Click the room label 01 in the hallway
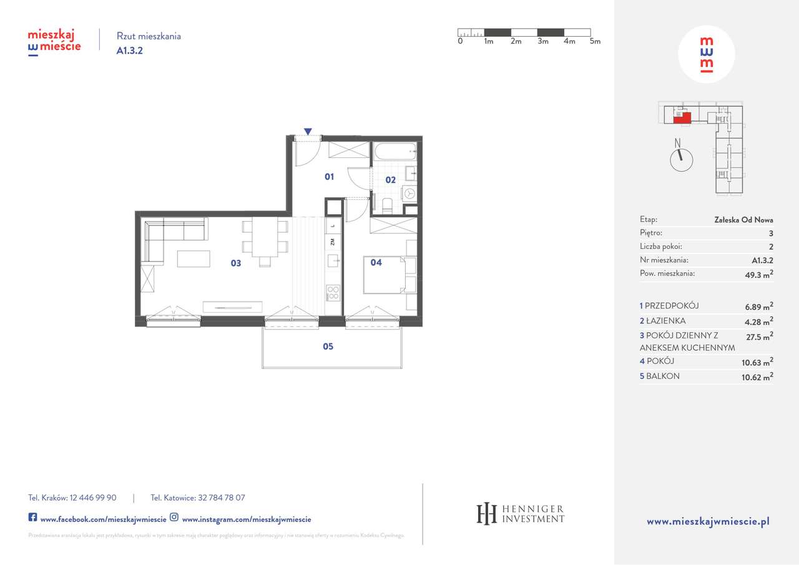click(x=329, y=177)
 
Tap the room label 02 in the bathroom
click(x=390, y=180)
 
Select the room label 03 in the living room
click(x=235, y=263)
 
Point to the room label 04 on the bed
click(x=376, y=263)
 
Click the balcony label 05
click(x=328, y=346)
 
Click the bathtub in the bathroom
click(x=395, y=150)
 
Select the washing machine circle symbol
click(x=409, y=194)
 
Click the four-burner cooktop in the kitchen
click(x=333, y=292)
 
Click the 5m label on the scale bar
click(x=595, y=42)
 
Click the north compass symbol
click(x=680, y=158)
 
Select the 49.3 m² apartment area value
click(x=760, y=273)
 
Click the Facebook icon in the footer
click(x=32, y=518)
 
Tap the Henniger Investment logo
click(x=520, y=513)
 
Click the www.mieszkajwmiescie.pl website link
click(x=708, y=521)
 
